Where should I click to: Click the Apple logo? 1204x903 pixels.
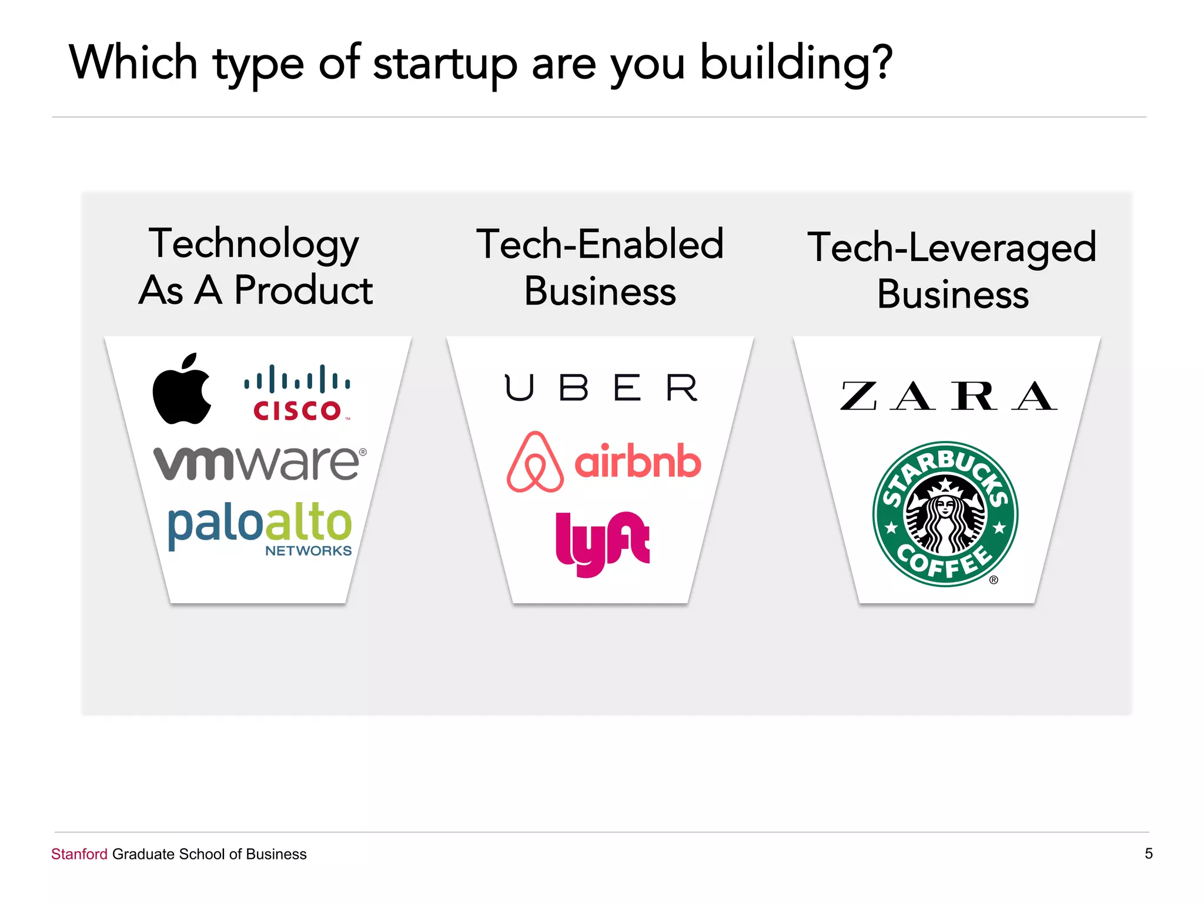tap(181, 390)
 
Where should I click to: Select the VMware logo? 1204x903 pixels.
tap(259, 463)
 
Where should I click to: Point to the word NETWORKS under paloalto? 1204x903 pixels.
tap(308, 551)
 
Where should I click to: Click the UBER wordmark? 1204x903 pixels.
tap(601, 388)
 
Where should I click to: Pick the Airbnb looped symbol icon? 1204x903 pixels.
tap(534, 462)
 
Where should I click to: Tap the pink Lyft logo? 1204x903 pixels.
tap(602, 542)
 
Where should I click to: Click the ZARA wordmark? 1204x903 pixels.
tap(948, 396)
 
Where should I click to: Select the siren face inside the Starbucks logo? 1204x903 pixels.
tap(945, 509)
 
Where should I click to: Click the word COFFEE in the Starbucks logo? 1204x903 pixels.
tap(945, 564)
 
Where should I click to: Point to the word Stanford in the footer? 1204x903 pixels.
tap(79, 854)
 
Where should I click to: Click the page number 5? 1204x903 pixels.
tap(1148, 853)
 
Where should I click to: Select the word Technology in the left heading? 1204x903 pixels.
tap(253, 244)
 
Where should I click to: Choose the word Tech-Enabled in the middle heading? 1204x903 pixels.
tap(600, 244)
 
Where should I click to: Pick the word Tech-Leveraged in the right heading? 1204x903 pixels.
tap(952, 248)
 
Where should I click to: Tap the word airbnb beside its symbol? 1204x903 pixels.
tap(638, 462)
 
